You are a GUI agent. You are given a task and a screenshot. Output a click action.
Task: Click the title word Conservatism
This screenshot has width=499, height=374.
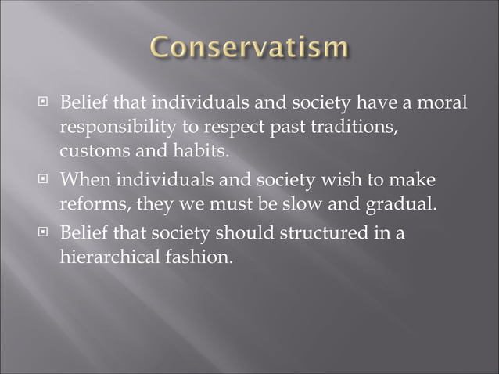click(x=249, y=49)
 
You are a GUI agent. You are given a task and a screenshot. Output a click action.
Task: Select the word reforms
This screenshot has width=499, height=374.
click(x=92, y=204)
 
